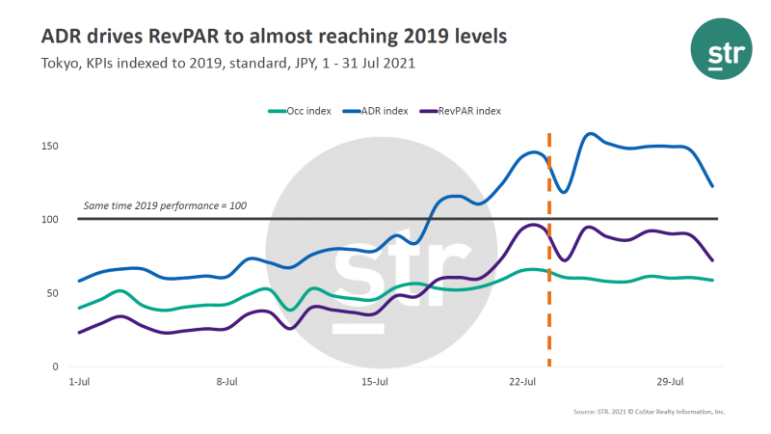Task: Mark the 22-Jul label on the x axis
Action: (x=521, y=382)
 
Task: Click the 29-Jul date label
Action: (x=669, y=382)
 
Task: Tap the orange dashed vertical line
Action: (x=549, y=289)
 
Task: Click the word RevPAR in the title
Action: (x=214, y=37)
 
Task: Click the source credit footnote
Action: (x=648, y=412)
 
